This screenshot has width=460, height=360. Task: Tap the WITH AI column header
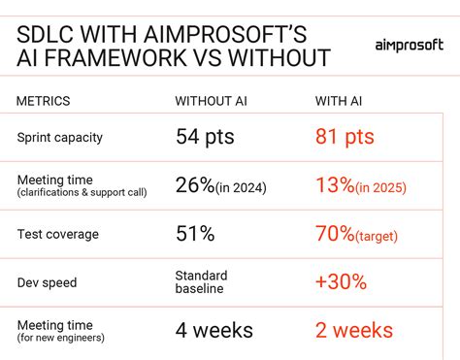(x=342, y=101)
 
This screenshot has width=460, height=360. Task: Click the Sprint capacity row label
(x=60, y=137)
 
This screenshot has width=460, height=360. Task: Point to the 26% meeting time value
(x=195, y=184)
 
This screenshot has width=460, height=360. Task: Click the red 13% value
(x=336, y=184)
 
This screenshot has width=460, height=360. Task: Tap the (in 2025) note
(x=381, y=187)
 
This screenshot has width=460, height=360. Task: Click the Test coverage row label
(x=56, y=233)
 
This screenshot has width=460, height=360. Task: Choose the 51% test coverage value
(x=195, y=233)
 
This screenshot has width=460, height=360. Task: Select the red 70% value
(x=336, y=233)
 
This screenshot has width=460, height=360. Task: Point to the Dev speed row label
(x=48, y=282)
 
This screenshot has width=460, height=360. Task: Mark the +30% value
(x=342, y=281)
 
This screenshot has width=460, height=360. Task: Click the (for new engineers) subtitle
(x=60, y=338)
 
